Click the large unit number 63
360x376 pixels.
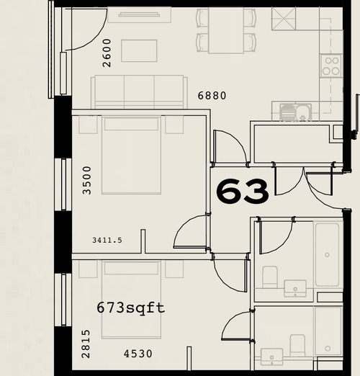point(243,191)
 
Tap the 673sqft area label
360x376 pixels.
point(131,308)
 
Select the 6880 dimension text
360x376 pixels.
point(212,96)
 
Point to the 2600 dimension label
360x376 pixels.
point(107,53)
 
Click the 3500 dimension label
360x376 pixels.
point(87,180)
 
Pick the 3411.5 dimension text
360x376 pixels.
point(107,240)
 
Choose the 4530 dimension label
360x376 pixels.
point(138,354)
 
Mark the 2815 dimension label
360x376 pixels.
point(86,344)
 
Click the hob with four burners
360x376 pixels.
point(330,66)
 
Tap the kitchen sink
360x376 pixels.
point(296,112)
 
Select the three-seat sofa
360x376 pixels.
point(139,91)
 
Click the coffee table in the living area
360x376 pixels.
point(139,51)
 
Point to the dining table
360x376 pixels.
point(226,30)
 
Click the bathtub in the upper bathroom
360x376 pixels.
point(327,254)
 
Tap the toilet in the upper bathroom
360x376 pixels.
point(270,277)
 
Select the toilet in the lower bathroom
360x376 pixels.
point(297,345)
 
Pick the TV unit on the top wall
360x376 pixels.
point(139,14)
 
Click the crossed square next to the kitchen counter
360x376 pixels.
point(284,19)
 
